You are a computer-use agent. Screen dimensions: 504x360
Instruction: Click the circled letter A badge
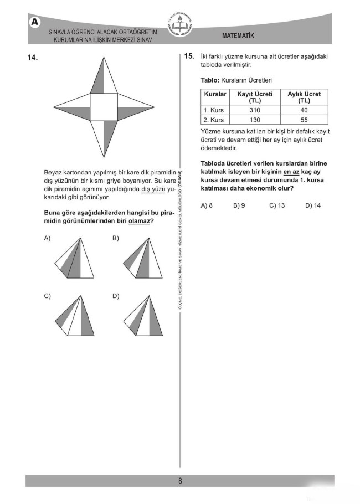(35, 22)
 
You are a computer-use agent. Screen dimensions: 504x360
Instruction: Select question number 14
(31, 57)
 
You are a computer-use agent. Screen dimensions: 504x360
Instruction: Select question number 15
(189, 56)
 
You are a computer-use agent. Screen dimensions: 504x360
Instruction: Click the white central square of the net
(104, 106)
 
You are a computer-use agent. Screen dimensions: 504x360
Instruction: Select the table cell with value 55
(304, 120)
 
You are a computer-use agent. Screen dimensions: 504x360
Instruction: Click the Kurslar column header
(215, 95)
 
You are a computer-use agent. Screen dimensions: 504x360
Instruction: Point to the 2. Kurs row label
(214, 120)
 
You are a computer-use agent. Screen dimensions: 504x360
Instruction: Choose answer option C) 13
(277, 205)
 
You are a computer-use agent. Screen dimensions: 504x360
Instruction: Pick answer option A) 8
(207, 205)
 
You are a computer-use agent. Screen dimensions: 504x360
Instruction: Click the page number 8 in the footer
(180, 481)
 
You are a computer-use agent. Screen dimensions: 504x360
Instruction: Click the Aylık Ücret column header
(304, 97)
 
